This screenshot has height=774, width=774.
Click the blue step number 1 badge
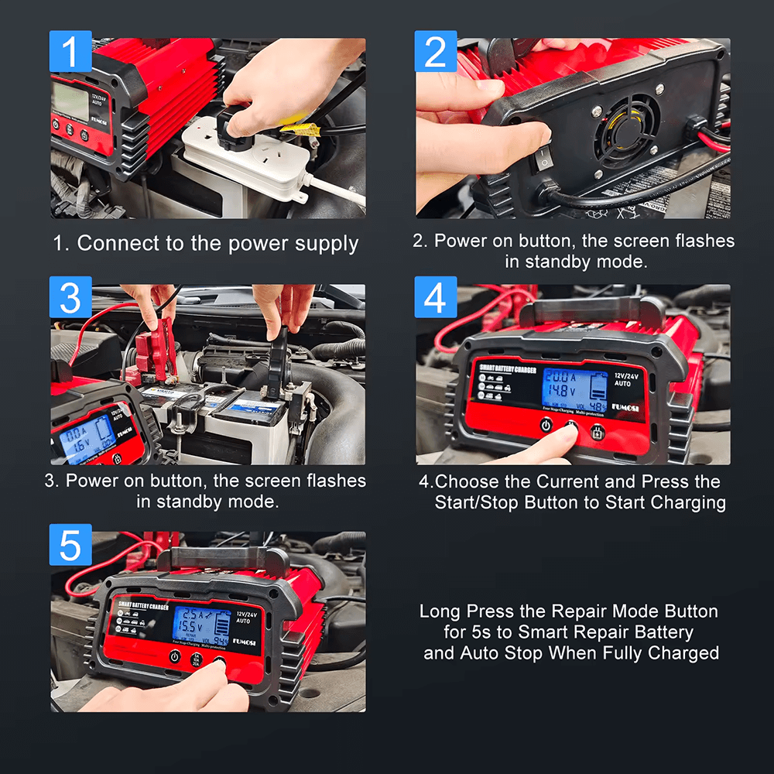pos(70,52)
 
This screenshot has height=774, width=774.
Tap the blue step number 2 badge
pos(436,52)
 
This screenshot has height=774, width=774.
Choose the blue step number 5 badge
pos(70,545)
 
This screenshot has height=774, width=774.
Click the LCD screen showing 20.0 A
pos(574,389)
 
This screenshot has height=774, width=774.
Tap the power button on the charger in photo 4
pos(546,425)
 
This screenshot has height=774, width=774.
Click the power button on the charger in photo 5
pos(175,656)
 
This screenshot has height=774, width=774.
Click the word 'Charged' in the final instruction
pos(683,652)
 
